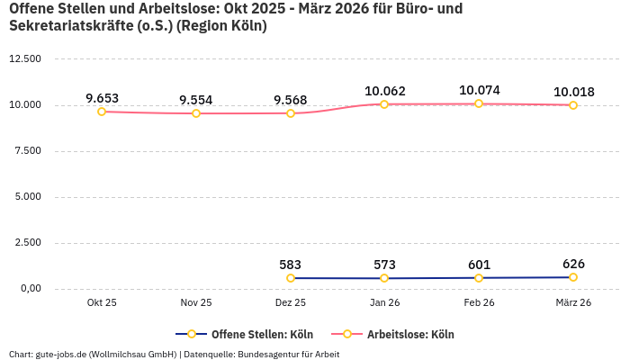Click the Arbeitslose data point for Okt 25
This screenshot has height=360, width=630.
coord(102,112)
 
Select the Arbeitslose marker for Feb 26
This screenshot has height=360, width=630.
coord(479,103)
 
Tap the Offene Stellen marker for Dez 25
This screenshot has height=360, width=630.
coord(291,278)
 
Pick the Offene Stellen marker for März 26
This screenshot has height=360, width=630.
coord(573,277)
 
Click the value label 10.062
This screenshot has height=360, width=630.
coord(385,91)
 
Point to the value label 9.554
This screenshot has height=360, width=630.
coord(196,100)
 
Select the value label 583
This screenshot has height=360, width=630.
coord(291,265)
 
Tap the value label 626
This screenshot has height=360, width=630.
coord(573,264)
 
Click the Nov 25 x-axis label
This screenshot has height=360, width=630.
coord(196,303)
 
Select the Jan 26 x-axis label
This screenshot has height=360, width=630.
coord(385,303)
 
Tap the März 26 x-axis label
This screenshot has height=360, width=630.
coord(573,303)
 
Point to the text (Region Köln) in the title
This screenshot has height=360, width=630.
coord(221,26)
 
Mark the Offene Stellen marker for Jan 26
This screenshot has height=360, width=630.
coord(385,278)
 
